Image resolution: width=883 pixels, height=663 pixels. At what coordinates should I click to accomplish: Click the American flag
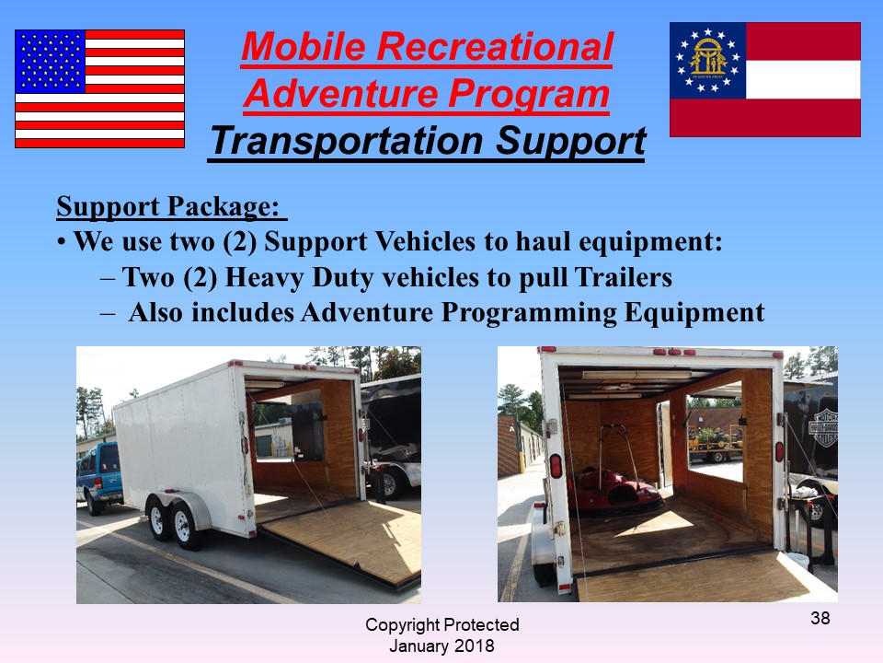pos(99,88)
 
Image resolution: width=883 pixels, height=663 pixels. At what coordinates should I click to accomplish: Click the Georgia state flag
pos(764,79)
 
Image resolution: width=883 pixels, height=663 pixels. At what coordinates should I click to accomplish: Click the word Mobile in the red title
pos(304,46)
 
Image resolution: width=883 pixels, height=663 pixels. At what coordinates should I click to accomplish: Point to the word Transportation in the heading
pos(347,141)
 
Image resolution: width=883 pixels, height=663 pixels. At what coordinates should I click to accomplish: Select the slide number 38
pos(820,618)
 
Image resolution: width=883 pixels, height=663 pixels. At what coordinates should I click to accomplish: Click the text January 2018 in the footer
pos(441,646)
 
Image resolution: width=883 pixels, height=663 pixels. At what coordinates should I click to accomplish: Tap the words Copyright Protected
pos(442,624)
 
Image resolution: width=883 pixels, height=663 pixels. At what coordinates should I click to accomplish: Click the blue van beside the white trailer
pos(99,476)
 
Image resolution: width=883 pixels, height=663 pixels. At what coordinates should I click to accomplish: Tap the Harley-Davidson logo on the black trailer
pos(822,427)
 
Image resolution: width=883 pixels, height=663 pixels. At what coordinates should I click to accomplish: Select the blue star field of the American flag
pos(50,62)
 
